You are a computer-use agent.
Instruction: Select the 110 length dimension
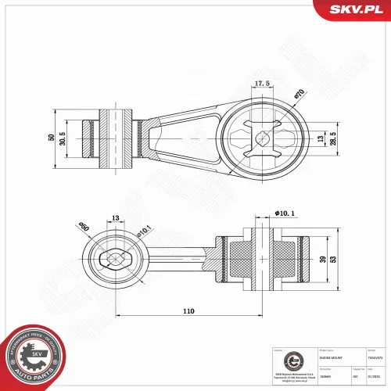pyautogui.click(x=188, y=311)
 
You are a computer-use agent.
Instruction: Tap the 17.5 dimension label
pyautogui.click(x=263, y=84)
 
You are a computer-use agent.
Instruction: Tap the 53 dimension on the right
pyautogui.click(x=335, y=259)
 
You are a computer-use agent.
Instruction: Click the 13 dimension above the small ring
pyautogui.click(x=115, y=219)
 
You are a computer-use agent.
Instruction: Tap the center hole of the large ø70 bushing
pyautogui.click(x=263, y=138)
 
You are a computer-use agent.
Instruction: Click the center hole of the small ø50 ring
pyautogui.click(x=116, y=258)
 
